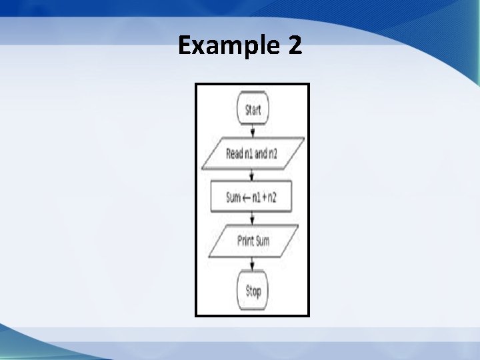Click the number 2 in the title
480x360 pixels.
click(294, 46)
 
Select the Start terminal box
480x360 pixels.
click(253, 110)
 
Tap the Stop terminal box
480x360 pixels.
click(253, 291)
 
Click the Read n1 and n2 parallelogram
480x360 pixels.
click(253, 154)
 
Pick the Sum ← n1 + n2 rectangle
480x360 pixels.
click(252, 197)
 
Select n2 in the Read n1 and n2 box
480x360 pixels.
click(273, 154)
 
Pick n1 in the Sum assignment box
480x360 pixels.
click(258, 198)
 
